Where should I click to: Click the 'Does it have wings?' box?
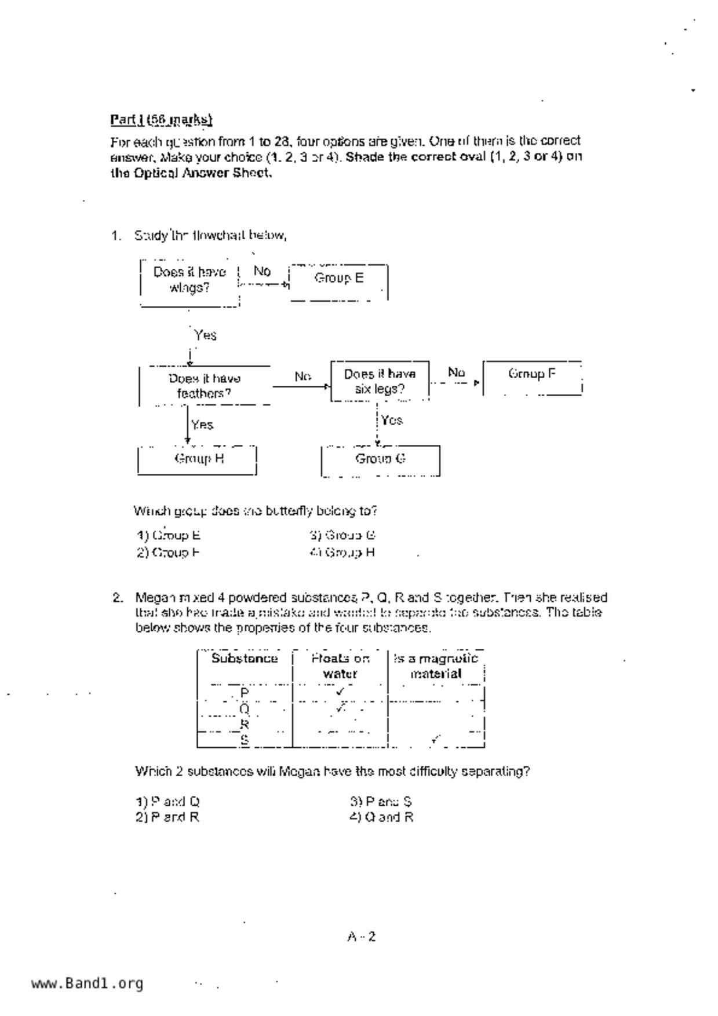pyautogui.click(x=189, y=280)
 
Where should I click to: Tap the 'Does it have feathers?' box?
pyautogui.click(x=205, y=386)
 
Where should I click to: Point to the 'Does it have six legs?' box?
pyautogui.click(x=380, y=381)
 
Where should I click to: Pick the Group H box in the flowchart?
pyautogui.click(x=198, y=459)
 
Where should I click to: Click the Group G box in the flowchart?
pyautogui.click(x=380, y=459)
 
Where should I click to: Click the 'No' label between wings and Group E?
pyautogui.click(x=262, y=271)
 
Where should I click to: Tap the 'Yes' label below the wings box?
pyautogui.click(x=205, y=335)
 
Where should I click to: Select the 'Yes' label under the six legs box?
pyautogui.click(x=392, y=421)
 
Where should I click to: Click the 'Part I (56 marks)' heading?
pyautogui.click(x=161, y=120)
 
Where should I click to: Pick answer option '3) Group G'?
pyautogui.click(x=343, y=535)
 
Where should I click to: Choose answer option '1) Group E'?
pyautogui.click(x=169, y=535)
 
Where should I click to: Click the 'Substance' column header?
pyautogui.click(x=245, y=659)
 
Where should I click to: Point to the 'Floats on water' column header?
pyautogui.click(x=340, y=666)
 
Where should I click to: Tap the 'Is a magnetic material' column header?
pyautogui.click(x=436, y=666)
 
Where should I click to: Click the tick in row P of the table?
pyautogui.click(x=340, y=691)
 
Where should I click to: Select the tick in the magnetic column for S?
pyautogui.click(x=435, y=739)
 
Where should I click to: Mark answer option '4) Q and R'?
pyautogui.click(x=381, y=817)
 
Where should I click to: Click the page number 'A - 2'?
pyautogui.click(x=362, y=937)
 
